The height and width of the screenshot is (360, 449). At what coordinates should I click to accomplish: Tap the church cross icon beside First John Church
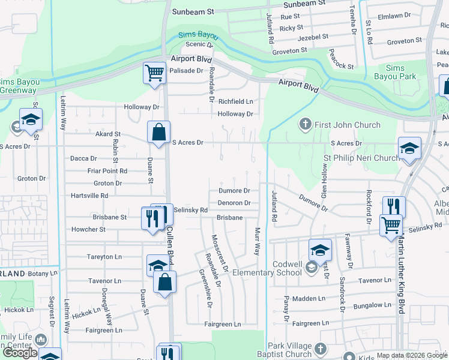[305, 124]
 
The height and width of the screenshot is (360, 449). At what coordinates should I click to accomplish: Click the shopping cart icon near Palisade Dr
[154, 74]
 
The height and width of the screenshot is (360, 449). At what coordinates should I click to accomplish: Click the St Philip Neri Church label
[361, 158]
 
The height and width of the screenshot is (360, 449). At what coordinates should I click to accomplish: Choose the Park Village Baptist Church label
[282, 350]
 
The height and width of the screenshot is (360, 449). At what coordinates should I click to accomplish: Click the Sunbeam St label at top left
[193, 11]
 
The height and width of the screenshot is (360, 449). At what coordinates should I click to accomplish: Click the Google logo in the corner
[20, 352]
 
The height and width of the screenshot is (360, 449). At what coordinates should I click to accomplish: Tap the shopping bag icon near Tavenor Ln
[164, 282]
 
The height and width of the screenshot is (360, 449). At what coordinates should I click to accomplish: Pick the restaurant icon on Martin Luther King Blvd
[394, 207]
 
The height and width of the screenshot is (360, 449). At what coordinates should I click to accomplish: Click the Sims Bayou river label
[199, 36]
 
